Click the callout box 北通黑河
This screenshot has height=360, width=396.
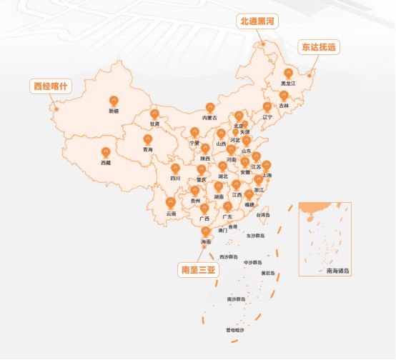257,21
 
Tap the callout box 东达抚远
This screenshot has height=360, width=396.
316,48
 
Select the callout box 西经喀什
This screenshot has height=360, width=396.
50,86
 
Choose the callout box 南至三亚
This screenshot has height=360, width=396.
197,270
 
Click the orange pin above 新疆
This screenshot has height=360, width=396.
114,101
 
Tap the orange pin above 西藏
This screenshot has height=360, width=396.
106,152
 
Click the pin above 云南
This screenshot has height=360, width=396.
171,204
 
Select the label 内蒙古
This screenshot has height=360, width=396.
209,116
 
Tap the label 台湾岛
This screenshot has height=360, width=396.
263,214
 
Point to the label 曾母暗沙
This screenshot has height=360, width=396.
235,330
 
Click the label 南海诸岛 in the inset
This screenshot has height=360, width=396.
338,271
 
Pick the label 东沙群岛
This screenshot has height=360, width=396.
256,235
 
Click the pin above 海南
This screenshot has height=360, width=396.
206,232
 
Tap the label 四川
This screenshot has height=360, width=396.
175,178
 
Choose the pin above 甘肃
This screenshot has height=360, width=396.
154,114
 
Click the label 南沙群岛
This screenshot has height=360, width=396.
236,299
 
